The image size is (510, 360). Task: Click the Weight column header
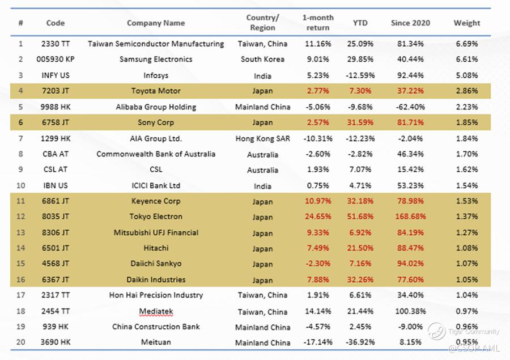coord(466,23)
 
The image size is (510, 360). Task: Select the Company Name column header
coord(156,23)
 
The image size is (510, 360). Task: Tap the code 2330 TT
coord(55,44)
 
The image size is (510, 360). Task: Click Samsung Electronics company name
coord(156,60)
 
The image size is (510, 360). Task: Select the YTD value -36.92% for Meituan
coord(359,342)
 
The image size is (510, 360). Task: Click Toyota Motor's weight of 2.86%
coord(466,91)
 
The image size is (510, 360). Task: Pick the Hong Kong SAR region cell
coord(262,138)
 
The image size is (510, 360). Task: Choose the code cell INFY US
coord(55,75)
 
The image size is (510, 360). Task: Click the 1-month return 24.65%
coord(317,217)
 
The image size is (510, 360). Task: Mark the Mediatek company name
coord(156,311)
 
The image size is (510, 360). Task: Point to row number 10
coord(21,185)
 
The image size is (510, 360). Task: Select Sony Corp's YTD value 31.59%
coord(359,122)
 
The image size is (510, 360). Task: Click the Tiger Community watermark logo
coord(437,332)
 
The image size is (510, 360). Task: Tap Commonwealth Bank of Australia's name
coord(156,154)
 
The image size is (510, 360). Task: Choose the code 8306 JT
coord(55,232)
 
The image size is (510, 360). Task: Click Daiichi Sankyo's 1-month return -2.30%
coord(317,264)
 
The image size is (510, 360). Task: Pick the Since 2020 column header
coord(410,23)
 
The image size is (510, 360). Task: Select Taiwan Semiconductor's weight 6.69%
coord(466,44)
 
